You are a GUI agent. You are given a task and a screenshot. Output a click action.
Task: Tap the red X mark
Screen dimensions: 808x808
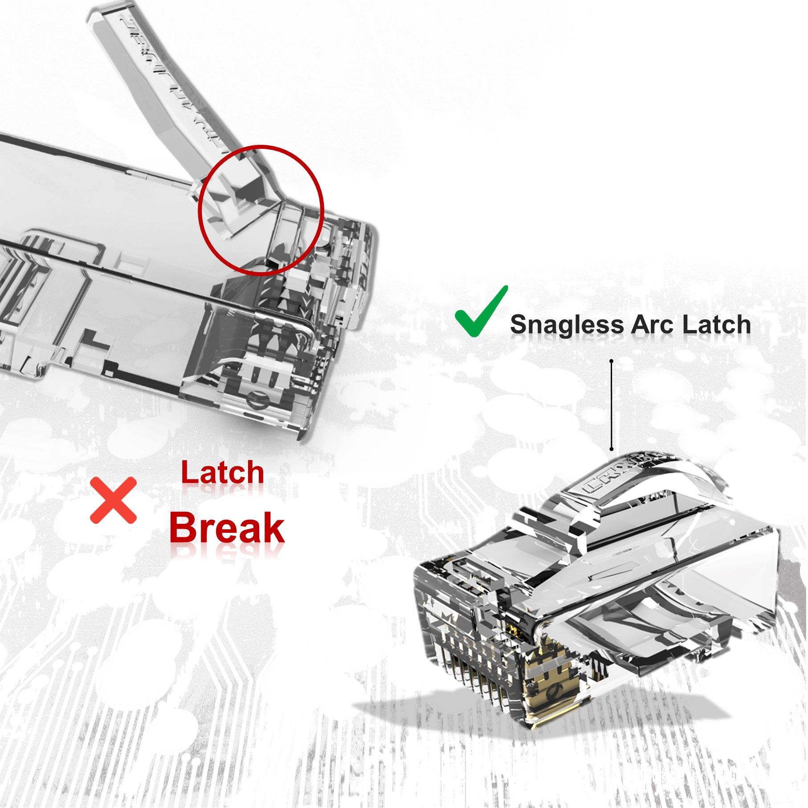(113, 500)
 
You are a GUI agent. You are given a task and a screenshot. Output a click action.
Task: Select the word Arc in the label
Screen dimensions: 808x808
(653, 325)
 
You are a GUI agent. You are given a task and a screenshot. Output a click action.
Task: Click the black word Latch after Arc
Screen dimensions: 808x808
(716, 325)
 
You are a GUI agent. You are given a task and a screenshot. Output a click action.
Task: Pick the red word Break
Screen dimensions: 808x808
(226, 527)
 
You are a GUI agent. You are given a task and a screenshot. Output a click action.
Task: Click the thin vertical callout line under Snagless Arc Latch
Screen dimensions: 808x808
(612, 405)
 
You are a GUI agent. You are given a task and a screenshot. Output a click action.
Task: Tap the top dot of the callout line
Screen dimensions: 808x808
(612, 361)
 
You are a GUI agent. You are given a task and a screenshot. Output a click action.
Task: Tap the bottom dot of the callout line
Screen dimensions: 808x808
(612, 449)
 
